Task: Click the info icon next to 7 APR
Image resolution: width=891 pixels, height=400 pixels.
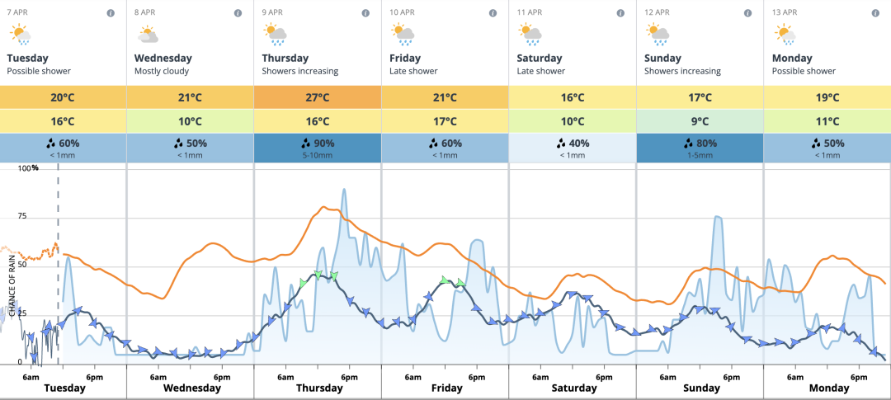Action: tap(111, 13)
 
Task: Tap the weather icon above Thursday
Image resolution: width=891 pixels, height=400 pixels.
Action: tap(275, 34)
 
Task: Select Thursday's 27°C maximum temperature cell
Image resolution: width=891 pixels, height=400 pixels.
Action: tap(318, 97)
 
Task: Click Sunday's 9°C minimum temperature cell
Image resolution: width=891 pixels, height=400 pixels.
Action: tap(700, 121)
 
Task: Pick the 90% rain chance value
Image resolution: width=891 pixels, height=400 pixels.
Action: tap(318, 143)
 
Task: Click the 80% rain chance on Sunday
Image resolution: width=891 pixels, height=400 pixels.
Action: tap(700, 143)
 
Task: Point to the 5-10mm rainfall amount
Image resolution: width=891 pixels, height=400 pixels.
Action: tap(318, 154)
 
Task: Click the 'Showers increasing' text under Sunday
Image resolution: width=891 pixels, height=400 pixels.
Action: tap(682, 72)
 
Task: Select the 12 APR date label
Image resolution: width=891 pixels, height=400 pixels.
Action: tap(657, 12)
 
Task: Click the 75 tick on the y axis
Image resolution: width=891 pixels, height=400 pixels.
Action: tap(22, 216)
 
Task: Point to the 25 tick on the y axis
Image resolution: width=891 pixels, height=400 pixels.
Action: tap(22, 314)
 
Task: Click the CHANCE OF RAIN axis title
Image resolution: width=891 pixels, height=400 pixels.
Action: tap(12, 285)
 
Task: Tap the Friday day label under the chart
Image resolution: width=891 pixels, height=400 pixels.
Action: tap(446, 388)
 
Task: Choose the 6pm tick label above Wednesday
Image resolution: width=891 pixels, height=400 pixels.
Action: tap(221, 377)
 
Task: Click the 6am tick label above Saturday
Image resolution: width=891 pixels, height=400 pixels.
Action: tap(541, 377)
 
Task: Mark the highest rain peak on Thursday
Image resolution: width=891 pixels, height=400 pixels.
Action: tap(344, 190)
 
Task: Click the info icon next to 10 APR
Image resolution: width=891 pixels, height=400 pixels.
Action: tap(493, 13)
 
